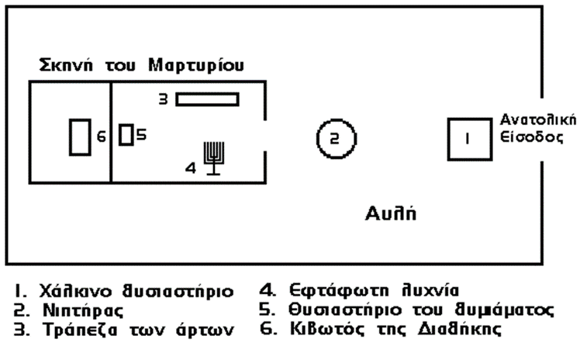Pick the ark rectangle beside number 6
(80, 138)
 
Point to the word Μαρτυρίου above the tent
(200, 66)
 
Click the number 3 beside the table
(164, 99)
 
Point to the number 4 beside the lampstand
(190, 165)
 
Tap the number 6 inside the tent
(101, 138)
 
